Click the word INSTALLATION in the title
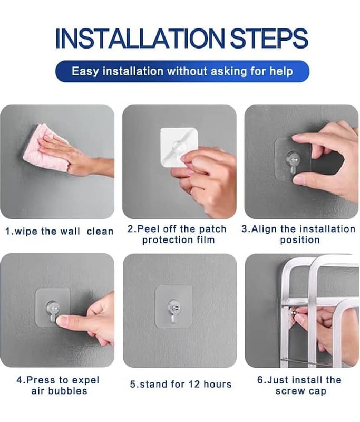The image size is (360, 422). point(140,38)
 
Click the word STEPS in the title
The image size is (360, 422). point(269,38)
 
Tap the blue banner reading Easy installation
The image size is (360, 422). point(182,71)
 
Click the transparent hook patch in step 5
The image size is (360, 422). point(174,306)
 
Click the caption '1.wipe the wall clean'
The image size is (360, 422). point(60,231)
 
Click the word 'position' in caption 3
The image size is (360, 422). point(300,240)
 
